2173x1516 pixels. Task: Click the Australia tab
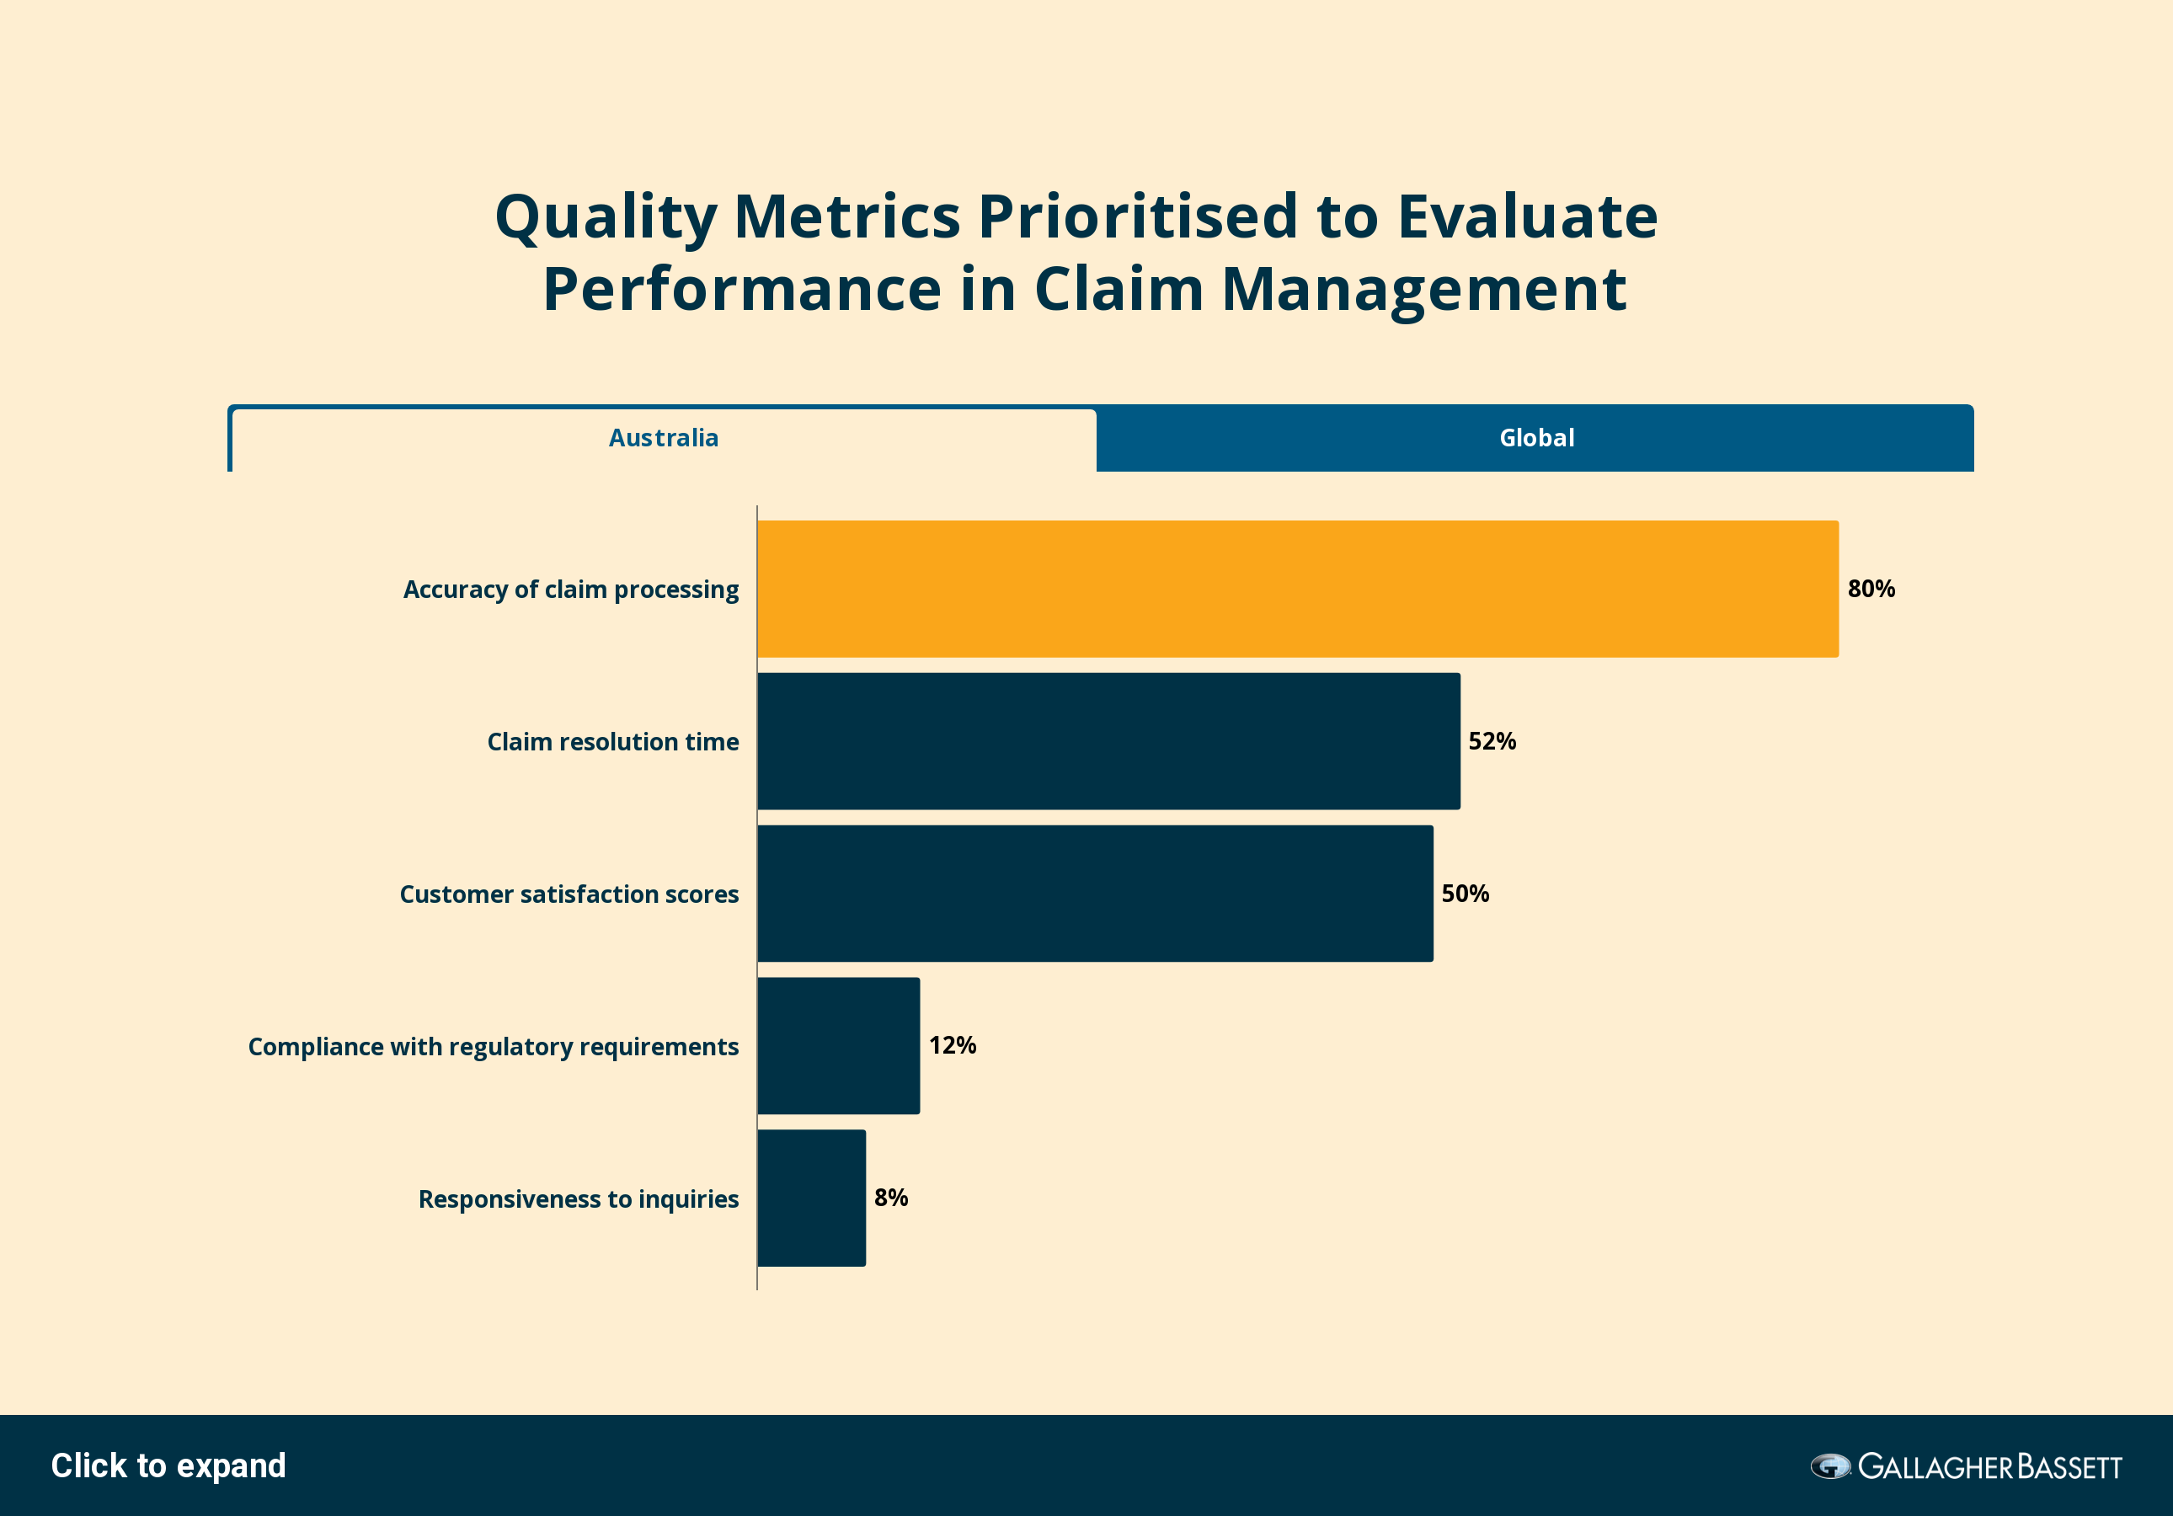click(664, 439)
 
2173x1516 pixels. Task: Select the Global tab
click(1535, 439)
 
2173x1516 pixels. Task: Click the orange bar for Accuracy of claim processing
click(1298, 589)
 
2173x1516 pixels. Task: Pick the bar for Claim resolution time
click(1108, 741)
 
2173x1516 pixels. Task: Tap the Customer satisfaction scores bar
click(1095, 894)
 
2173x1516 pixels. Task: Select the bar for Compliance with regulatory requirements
click(839, 1046)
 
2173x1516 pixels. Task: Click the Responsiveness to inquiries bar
click(811, 1198)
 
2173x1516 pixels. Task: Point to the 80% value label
click(1871, 589)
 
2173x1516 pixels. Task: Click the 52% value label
click(1492, 741)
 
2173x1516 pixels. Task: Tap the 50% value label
click(1465, 894)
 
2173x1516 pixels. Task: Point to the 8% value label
click(890, 1197)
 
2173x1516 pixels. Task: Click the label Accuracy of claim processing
click(571, 590)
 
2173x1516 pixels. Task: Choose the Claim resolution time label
click(612, 742)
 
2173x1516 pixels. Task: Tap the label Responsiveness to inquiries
click(579, 1199)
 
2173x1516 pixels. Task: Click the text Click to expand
click(168, 1465)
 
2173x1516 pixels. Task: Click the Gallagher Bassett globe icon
click(1830, 1467)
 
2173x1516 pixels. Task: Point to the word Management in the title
click(1424, 291)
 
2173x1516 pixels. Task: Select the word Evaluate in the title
click(1528, 216)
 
